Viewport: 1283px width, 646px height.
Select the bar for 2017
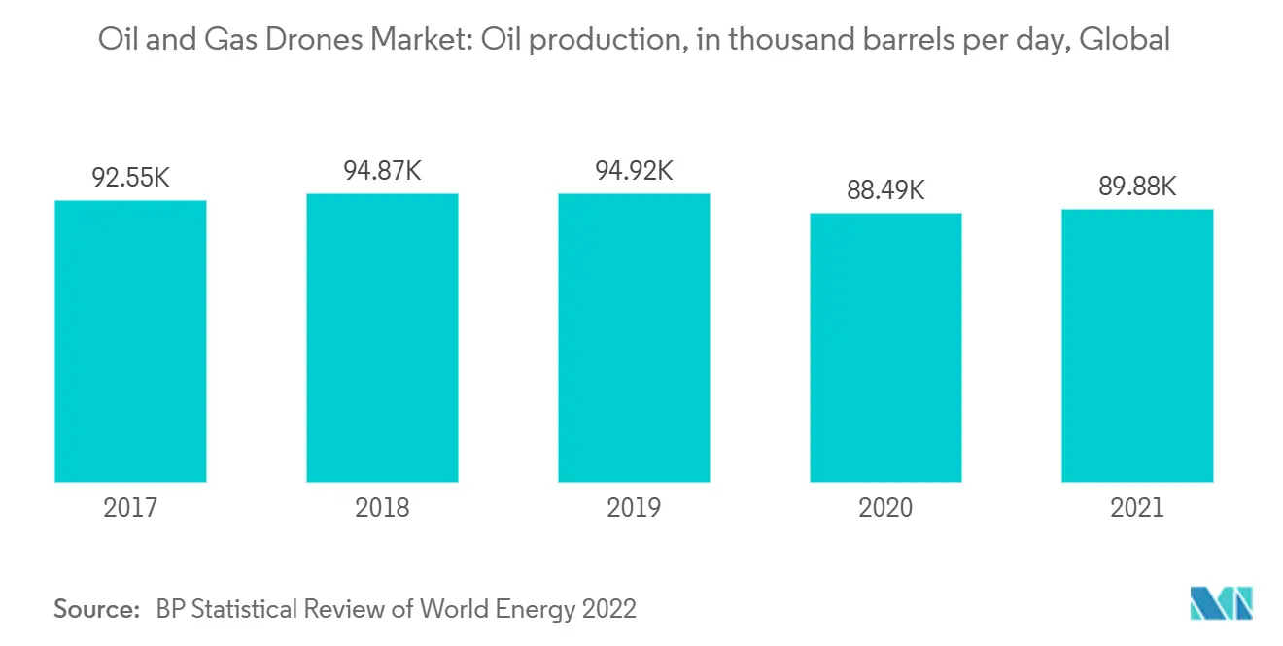click(130, 341)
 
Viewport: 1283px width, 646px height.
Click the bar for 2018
click(382, 337)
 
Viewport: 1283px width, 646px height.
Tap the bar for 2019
click(634, 337)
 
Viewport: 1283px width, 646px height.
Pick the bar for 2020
click(885, 347)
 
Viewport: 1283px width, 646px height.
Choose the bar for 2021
click(1137, 345)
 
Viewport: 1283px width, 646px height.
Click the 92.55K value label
click(130, 179)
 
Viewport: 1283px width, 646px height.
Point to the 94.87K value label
click(382, 171)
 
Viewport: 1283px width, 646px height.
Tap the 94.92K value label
click(634, 171)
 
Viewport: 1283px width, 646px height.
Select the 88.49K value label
click(885, 190)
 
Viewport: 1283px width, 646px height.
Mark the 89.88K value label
click(1137, 187)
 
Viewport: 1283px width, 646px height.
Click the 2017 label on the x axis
click(130, 508)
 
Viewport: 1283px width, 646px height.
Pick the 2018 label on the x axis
click(382, 508)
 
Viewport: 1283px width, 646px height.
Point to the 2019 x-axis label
click(634, 508)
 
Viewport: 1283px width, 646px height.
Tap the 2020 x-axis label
click(885, 508)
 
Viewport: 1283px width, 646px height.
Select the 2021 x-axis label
click(1137, 508)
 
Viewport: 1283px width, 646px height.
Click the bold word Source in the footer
click(96, 609)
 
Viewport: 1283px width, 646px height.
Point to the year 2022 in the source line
click(607, 609)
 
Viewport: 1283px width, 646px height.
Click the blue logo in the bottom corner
click(1222, 603)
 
